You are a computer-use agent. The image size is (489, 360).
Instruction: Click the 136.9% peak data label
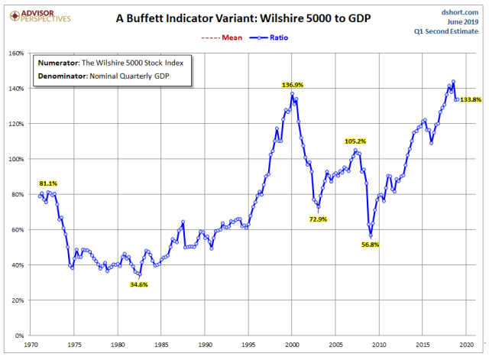pos(293,86)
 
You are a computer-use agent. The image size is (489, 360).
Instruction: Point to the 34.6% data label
pos(138,284)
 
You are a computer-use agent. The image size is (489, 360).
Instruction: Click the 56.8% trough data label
pos(370,245)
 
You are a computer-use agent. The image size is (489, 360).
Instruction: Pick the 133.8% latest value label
pos(471,99)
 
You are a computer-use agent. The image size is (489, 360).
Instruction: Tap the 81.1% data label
pos(48,183)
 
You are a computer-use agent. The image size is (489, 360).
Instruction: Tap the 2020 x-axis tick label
pos(466,345)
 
